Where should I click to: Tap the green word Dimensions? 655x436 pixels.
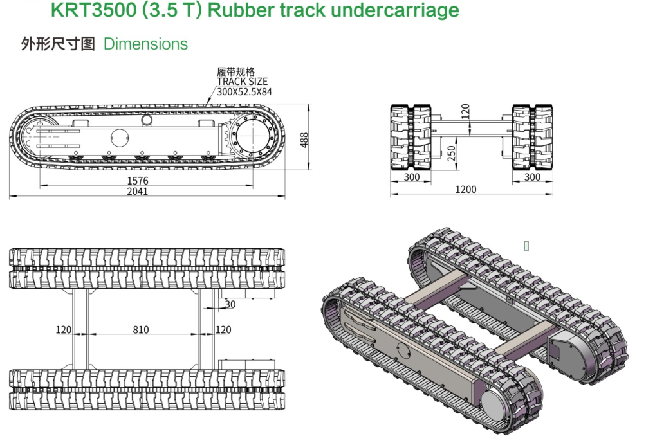click(x=145, y=44)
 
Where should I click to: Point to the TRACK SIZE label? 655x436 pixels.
click(x=242, y=82)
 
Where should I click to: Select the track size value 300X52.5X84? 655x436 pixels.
click(x=244, y=91)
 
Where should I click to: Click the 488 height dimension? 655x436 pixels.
click(x=304, y=140)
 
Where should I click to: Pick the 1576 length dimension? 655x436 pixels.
click(x=137, y=181)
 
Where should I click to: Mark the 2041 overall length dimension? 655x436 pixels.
click(x=137, y=191)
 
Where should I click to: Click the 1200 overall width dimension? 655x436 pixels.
click(x=466, y=189)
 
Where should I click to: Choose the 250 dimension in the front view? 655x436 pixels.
click(x=452, y=153)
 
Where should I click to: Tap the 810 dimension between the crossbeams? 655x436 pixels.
click(x=140, y=330)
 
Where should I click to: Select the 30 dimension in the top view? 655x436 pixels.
click(x=230, y=304)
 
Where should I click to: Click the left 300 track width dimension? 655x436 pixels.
click(x=412, y=177)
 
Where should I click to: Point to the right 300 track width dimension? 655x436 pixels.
click(x=532, y=177)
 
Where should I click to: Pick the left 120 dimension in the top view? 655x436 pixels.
click(x=63, y=330)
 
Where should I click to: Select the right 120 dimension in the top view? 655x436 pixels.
click(x=223, y=330)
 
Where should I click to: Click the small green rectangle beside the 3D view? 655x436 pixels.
click(x=526, y=246)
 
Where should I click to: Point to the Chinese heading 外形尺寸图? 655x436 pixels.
click(x=58, y=44)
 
